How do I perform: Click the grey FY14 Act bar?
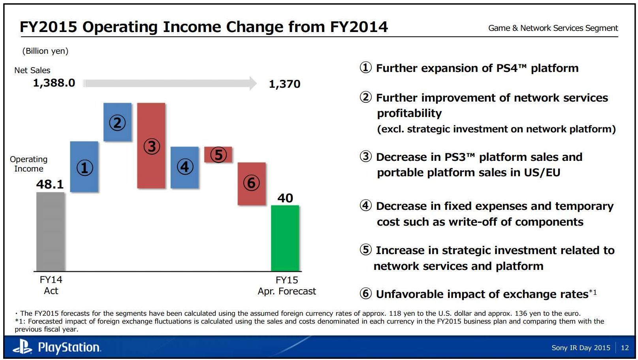point(51,232)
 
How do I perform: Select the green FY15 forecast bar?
point(285,238)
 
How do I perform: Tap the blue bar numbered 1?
point(84,167)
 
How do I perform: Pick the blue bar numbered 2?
point(117,122)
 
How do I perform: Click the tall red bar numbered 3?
point(151,145)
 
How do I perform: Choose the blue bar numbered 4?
point(184,167)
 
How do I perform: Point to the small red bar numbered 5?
point(218,155)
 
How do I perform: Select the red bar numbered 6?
point(252,183)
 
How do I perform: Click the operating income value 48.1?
point(50,184)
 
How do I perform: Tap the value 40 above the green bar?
point(285,198)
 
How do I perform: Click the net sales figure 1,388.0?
point(54,83)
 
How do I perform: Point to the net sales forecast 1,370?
point(284,84)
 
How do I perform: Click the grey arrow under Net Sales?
point(170,83)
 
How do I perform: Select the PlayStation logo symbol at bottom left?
point(23,347)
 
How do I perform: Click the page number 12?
point(625,348)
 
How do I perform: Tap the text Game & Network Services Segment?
point(553,28)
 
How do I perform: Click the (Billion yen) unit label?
point(45,51)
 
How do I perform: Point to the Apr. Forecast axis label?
point(287,291)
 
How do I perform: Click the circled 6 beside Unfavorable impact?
point(366,294)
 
